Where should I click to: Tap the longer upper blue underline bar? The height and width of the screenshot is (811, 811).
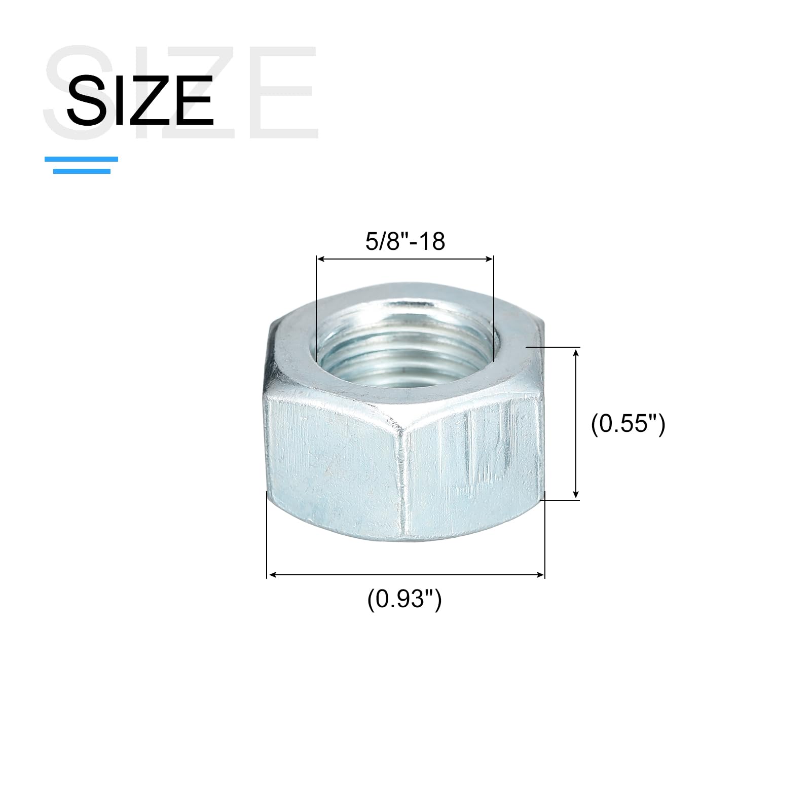[x=81, y=159]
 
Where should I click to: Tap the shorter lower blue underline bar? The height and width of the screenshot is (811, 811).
[x=82, y=171]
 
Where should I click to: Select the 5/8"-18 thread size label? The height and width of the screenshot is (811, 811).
[x=405, y=241]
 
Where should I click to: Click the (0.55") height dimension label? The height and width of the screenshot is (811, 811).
[x=628, y=423]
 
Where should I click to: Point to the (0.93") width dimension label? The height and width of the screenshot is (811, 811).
[x=404, y=600]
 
